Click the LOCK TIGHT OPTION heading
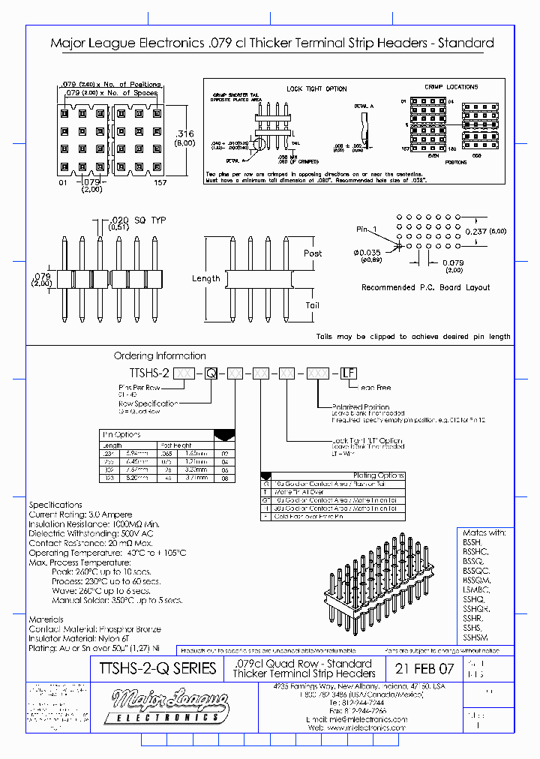click(x=316, y=88)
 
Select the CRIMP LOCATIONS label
click(x=451, y=87)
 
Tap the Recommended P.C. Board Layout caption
click(x=425, y=287)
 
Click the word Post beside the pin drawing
click(x=313, y=253)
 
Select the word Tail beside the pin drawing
click(x=312, y=305)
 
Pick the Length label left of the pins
click(x=205, y=278)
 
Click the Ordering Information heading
click(x=159, y=355)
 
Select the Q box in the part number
click(x=211, y=373)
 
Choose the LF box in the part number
click(x=348, y=373)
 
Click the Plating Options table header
click(x=379, y=475)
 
